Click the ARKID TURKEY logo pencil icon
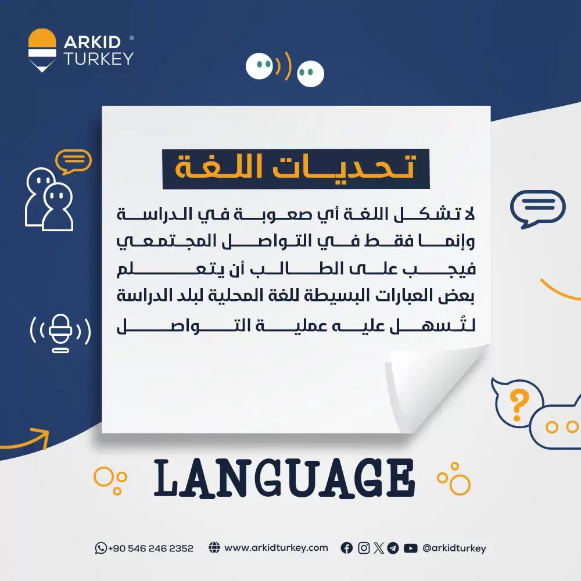(x=42, y=50)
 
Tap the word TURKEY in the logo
(x=98, y=59)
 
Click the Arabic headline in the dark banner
(x=295, y=168)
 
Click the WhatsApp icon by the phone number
(x=101, y=548)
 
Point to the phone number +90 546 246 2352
(x=151, y=548)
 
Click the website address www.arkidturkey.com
(x=276, y=548)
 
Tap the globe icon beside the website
(x=214, y=547)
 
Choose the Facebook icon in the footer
(x=347, y=548)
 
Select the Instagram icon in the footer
(x=364, y=548)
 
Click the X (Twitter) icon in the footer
(x=379, y=548)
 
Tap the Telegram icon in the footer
(x=393, y=548)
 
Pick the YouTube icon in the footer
(x=411, y=548)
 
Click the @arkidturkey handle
(x=454, y=548)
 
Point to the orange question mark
(x=519, y=406)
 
